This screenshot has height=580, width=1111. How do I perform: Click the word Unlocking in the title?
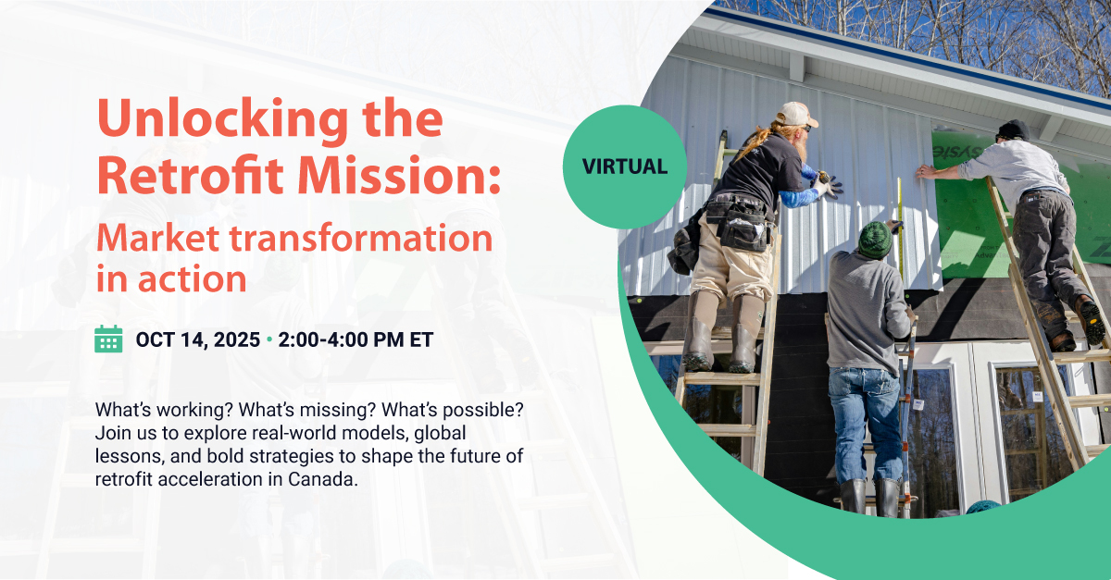(223, 120)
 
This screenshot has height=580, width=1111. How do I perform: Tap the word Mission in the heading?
(398, 175)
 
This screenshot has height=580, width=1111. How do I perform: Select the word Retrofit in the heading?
(190, 175)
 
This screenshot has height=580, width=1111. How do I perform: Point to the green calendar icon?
(108, 339)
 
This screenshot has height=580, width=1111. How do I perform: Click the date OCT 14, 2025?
(198, 340)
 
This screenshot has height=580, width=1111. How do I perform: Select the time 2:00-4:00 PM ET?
(356, 340)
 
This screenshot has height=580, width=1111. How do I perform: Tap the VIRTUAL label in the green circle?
(625, 167)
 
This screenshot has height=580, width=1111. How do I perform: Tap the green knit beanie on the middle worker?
(875, 240)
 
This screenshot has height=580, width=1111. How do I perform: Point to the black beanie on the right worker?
(1013, 130)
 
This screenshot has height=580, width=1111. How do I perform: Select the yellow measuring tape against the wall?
(900, 224)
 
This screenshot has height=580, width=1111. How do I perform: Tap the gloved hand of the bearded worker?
(828, 185)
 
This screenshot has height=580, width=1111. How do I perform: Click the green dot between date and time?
(269, 339)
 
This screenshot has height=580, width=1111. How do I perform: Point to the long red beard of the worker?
(799, 144)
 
